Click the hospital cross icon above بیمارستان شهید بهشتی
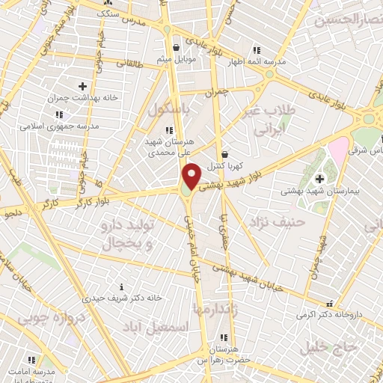(x=319, y=179)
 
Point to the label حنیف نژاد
(x=278, y=221)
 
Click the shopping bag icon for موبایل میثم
(x=176, y=46)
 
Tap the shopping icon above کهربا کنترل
(x=224, y=154)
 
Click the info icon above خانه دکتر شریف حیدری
(x=122, y=287)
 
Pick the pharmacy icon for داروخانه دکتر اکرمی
(x=329, y=304)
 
